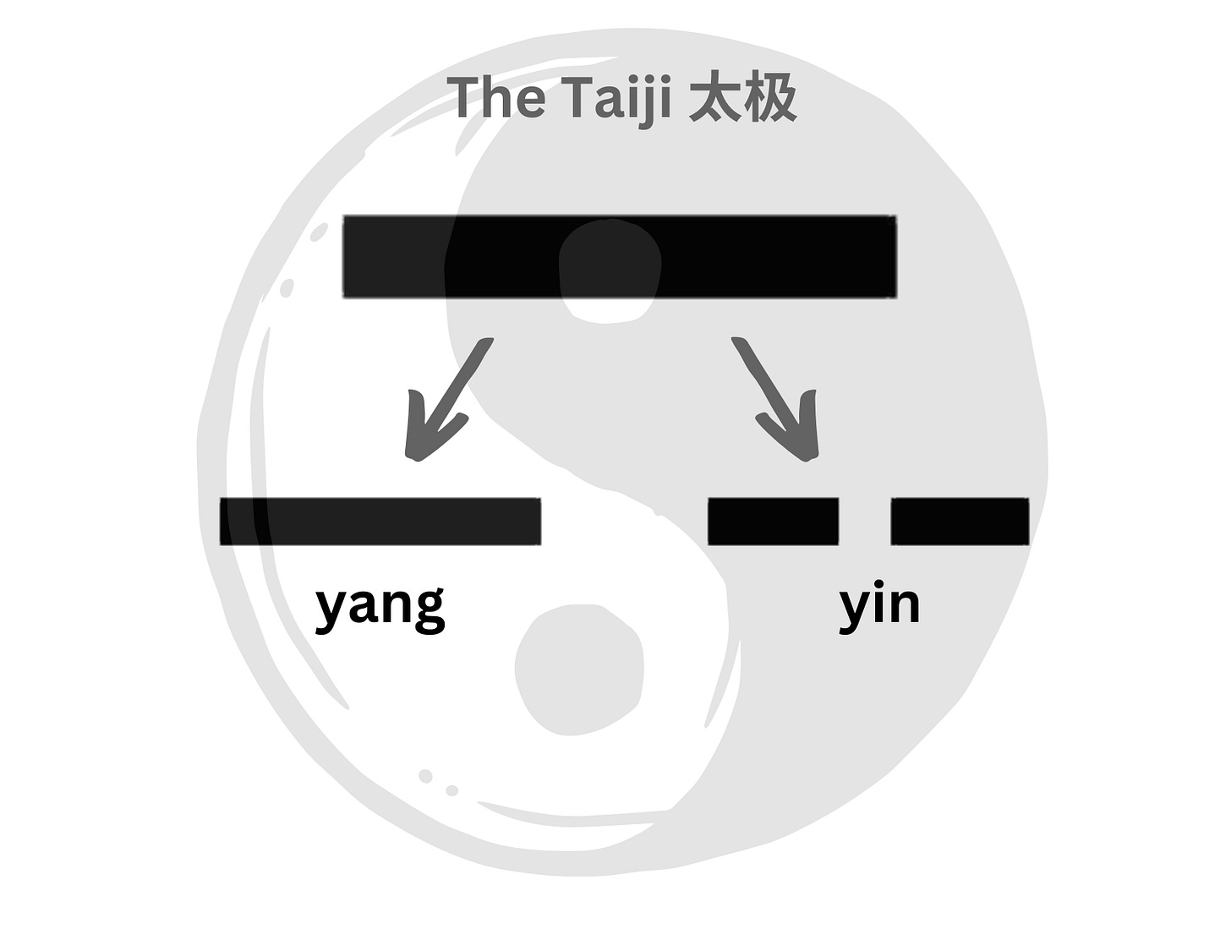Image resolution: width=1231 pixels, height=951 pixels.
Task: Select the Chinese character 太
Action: [715, 98]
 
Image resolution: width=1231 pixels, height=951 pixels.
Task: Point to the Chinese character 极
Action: [769, 98]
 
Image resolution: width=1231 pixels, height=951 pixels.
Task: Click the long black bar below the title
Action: [619, 256]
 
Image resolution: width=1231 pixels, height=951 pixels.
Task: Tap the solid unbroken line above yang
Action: [380, 521]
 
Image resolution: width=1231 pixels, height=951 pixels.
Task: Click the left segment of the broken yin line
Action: [773, 521]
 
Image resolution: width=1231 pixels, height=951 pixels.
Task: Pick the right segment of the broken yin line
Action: [960, 521]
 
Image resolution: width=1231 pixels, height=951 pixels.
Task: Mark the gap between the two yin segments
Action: [864, 521]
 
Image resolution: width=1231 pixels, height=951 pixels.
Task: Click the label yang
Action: [380, 605]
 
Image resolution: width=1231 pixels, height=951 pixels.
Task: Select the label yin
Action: [879, 605]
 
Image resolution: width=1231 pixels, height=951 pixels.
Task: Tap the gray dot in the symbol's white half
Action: [579, 669]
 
